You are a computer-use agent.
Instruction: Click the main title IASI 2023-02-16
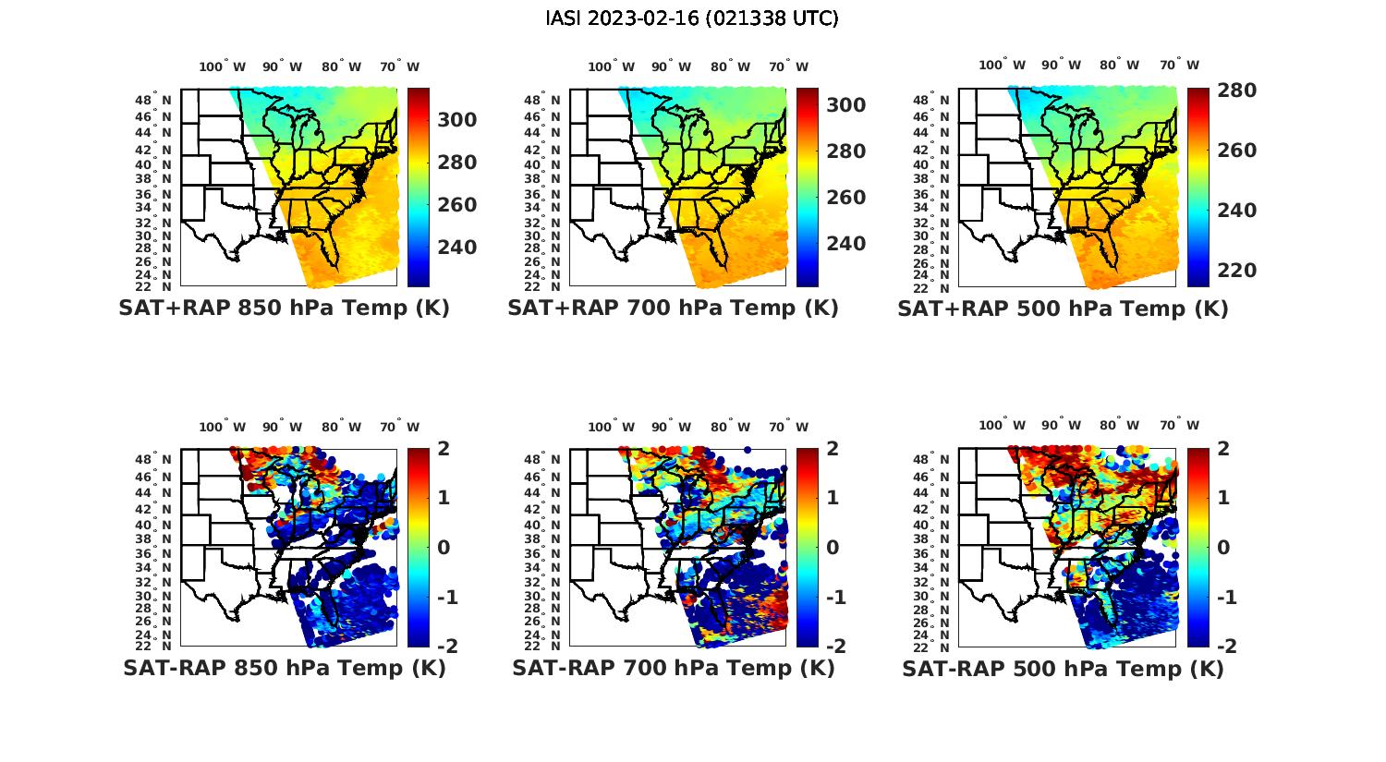[692, 18]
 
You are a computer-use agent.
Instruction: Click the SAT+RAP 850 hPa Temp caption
[284, 308]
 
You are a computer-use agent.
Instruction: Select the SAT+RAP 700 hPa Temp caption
[673, 308]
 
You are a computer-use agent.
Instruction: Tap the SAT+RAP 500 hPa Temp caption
[1063, 309]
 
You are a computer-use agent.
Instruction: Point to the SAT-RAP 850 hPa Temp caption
[284, 668]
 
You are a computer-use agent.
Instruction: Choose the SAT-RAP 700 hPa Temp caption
[673, 668]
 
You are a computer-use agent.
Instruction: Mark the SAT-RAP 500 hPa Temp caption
[1063, 669]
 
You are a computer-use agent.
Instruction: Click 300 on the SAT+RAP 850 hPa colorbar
[456, 120]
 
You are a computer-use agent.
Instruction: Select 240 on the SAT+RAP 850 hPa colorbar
[456, 248]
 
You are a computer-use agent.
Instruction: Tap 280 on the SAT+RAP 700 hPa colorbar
[845, 151]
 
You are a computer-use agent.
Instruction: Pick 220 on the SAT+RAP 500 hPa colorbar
[1236, 271]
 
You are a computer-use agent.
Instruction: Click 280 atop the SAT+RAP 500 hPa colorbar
[1236, 91]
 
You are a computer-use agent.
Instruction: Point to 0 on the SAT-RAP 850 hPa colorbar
[443, 547]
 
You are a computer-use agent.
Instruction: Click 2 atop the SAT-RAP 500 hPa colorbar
[1222, 450]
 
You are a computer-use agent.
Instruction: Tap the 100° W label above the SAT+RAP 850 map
[222, 67]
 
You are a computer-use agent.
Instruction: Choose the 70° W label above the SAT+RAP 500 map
[1179, 66]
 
